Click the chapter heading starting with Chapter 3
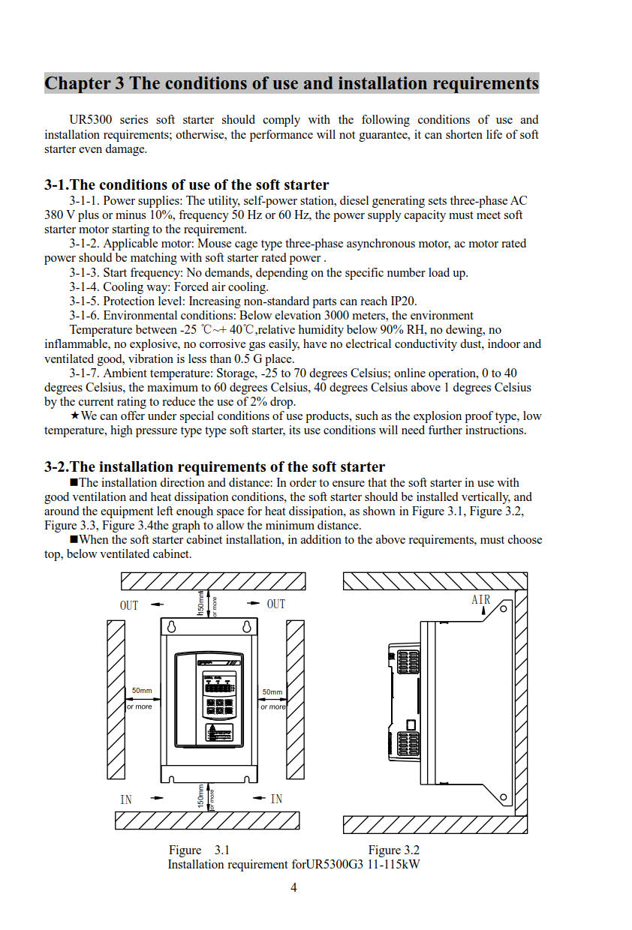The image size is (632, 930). [x=291, y=83]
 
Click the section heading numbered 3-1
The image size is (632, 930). [x=186, y=184]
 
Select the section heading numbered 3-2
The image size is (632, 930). [x=215, y=466]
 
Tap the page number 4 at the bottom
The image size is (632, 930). [x=293, y=888]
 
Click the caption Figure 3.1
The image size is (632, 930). [x=199, y=850]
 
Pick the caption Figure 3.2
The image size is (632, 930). [x=393, y=850]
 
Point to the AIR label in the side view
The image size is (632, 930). [x=481, y=599]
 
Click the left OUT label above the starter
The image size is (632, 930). [x=129, y=604]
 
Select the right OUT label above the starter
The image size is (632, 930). [x=276, y=604]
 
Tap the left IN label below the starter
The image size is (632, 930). [x=126, y=799]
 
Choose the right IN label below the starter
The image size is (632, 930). [x=276, y=799]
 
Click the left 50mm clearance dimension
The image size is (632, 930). [x=141, y=691]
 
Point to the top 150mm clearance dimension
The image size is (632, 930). [x=200, y=603]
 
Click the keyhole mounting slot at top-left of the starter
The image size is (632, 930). [x=172, y=627]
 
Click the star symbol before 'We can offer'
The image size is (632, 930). [x=74, y=416]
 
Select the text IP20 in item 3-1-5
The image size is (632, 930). [x=401, y=301]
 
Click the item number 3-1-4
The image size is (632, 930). [x=84, y=287]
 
